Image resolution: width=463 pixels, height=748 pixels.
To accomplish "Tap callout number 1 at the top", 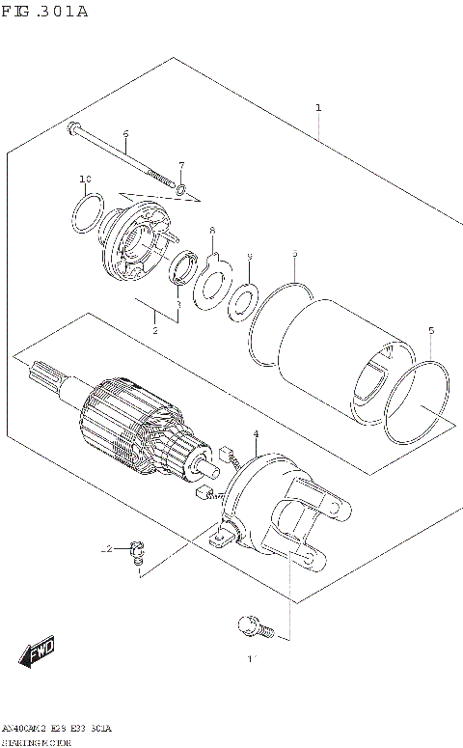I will point(318,108).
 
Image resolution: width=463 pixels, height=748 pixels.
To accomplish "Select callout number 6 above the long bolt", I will point(125,133).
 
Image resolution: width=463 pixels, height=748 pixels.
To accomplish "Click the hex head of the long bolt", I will point(73,127).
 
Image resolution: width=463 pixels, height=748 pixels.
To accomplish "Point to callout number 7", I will point(180,165).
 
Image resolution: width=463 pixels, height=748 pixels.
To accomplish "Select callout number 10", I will point(85,180).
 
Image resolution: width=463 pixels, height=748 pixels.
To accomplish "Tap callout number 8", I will point(212,231).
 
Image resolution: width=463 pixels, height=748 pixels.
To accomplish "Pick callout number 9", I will point(249,256).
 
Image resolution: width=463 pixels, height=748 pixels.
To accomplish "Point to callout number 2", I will point(154,330).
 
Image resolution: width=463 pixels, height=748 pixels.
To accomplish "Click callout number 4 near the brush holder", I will point(255,434).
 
